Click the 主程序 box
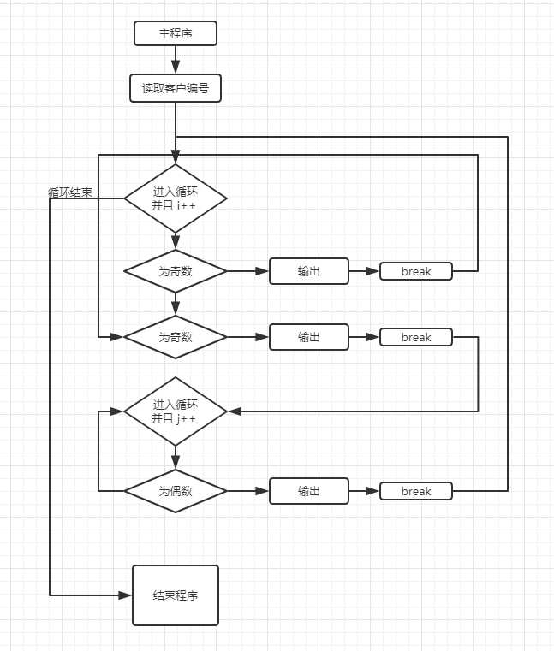coord(176,33)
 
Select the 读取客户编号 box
coord(176,88)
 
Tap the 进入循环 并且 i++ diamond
coord(176,198)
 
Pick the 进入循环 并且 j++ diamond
coord(176,411)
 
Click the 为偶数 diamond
coord(176,491)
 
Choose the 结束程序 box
coord(176,595)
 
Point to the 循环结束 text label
coord(70,192)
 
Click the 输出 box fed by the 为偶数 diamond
coord(309,491)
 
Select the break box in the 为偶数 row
coord(416,491)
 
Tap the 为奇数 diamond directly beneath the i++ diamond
coord(176,271)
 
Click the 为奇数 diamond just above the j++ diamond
coord(176,337)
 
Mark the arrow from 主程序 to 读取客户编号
coord(176,60)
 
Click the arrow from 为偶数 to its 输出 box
coord(248,491)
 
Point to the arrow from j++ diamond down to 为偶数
coord(176,458)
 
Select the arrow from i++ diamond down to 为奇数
coord(176,240)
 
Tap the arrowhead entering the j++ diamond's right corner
coord(234,411)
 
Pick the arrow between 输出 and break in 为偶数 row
coord(364,491)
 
